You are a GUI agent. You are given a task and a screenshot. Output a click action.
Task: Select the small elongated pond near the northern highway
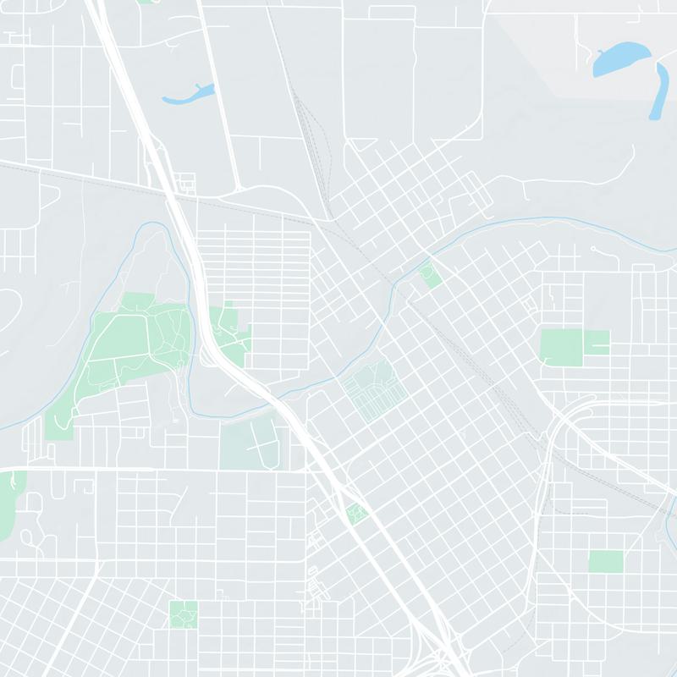187,94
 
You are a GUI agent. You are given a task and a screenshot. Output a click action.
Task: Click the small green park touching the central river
431,275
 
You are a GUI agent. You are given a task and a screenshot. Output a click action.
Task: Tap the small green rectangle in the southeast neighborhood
605,560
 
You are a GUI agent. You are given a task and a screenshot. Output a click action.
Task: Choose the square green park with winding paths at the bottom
183,614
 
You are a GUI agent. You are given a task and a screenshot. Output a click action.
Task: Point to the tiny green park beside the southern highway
357,512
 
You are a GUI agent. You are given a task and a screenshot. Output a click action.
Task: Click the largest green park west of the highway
127,347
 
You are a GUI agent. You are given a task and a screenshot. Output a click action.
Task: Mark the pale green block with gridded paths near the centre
372,391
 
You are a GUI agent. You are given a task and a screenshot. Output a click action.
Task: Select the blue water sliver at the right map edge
673,508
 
